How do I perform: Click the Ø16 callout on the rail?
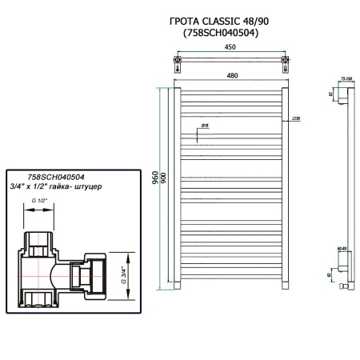(205, 125)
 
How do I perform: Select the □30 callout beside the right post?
(296, 118)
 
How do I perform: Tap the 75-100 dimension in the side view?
(346, 79)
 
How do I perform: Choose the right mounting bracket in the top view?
(284, 61)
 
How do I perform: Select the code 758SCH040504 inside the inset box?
(56, 178)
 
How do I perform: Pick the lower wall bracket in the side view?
(342, 282)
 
